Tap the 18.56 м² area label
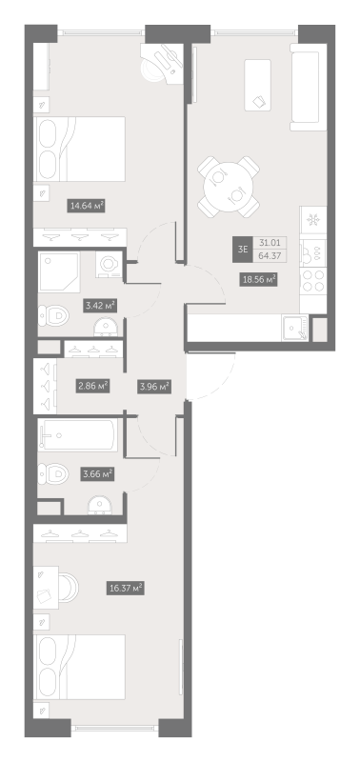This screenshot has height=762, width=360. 258,279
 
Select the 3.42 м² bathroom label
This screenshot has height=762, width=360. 100,305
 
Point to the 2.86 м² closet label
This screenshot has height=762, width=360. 92,387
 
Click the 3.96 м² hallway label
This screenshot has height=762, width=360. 153,387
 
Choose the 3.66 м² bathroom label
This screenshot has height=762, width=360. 97,473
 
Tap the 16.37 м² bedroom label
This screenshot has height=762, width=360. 126,588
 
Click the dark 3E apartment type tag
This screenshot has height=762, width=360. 242,250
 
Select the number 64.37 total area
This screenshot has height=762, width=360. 272,256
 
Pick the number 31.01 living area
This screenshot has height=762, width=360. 272,243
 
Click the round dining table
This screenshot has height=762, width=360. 229,187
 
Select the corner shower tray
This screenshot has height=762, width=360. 59,272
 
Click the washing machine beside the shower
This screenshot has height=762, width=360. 109,266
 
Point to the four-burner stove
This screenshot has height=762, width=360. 313,281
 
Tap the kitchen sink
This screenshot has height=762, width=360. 295,328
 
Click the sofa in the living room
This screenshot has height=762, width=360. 308,87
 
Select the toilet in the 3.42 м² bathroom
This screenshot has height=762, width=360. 53,315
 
